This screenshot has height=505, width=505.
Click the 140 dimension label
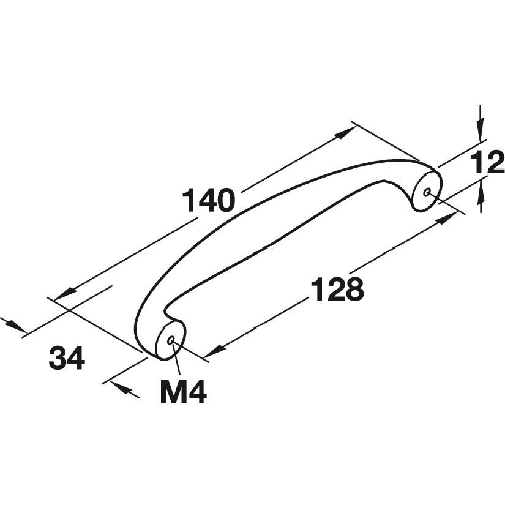coord(208,200)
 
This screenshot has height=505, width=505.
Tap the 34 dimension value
coord(67,357)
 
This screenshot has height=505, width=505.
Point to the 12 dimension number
coord(487,163)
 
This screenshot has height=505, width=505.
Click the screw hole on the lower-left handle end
coord(171,340)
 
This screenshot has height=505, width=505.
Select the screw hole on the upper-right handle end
coord(427,193)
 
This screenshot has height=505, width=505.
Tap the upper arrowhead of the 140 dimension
coord(346,132)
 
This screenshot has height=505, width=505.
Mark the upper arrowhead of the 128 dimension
coord(447,218)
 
